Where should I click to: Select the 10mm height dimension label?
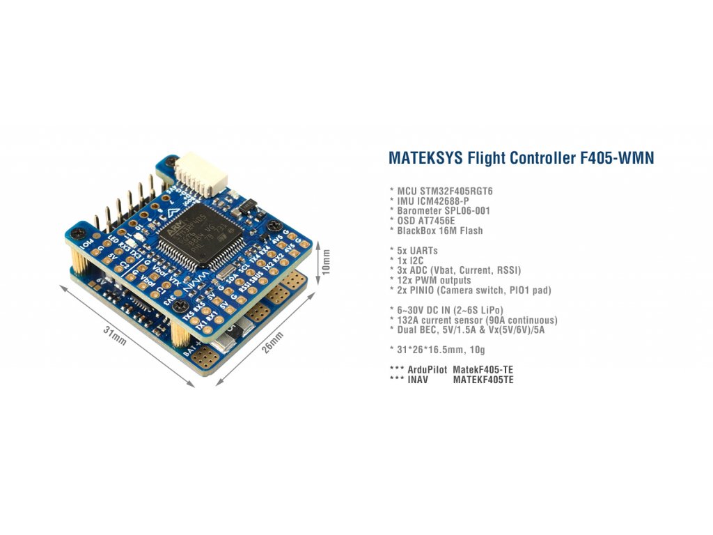pos(327,258)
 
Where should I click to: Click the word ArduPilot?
pos(427,369)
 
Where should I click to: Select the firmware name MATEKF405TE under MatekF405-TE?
pos(483,380)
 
